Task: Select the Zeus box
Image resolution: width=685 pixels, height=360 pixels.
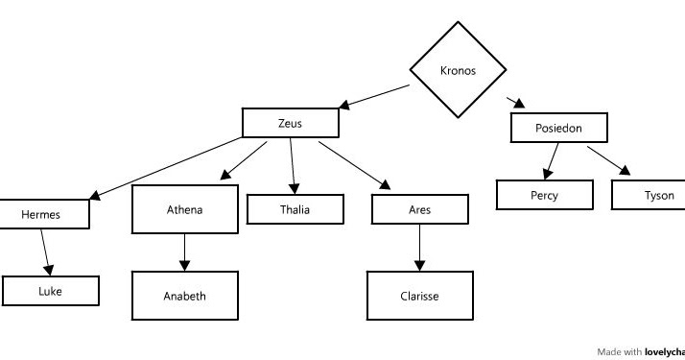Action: pyautogui.click(x=290, y=123)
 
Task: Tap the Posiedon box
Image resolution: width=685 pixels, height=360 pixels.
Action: pyautogui.click(x=559, y=128)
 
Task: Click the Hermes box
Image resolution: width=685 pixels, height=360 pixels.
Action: pyautogui.click(x=41, y=214)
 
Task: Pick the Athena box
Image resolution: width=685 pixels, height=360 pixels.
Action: pyautogui.click(x=184, y=208)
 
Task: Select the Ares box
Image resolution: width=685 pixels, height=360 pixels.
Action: pyautogui.click(x=420, y=208)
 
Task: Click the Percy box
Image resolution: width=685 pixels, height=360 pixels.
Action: pyautogui.click(x=543, y=195)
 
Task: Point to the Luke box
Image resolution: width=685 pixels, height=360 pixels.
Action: pyautogui.click(x=50, y=291)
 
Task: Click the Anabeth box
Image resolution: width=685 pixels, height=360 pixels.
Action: pyautogui.click(x=184, y=296)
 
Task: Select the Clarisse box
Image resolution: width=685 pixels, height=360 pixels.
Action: pyautogui.click(x=419, y=296)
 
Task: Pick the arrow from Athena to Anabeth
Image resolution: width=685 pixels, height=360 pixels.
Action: pyautogui.click(x=184, y=252)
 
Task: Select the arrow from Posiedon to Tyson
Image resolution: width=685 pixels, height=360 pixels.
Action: pyautogui.click(x=609, y=160)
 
